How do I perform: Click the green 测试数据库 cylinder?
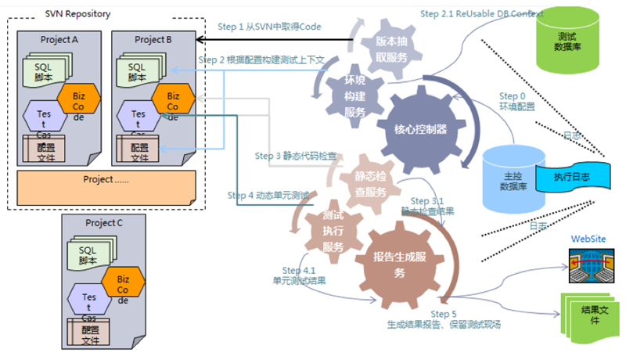pyautogui.click(x=574, y=40)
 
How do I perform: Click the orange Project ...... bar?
pyautogui.click(x=106, y=184)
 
